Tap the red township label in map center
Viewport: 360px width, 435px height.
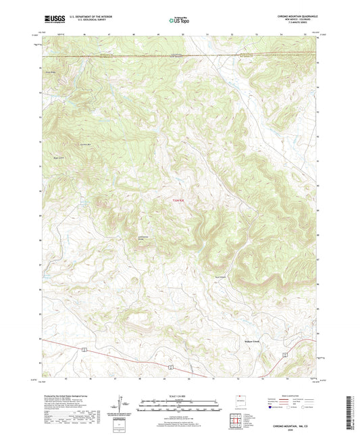pyautogui.click(x=174, y=200)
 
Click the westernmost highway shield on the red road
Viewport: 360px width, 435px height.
pyautogui.click(x=84, y=350)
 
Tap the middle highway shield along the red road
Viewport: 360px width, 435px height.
pyautogui.click(x=172, y=367)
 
